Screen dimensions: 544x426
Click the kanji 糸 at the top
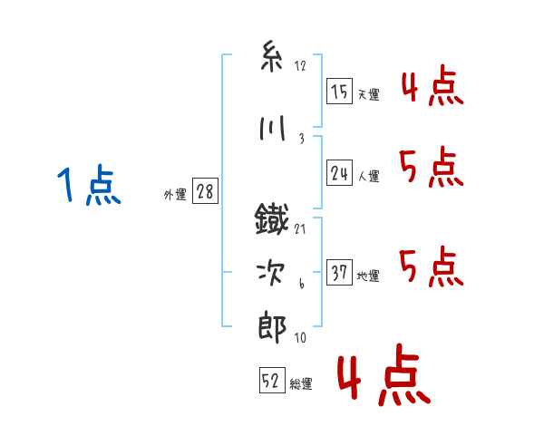tap(272, 56)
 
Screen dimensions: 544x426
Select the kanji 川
tap(272, 128)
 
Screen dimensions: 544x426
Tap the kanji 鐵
tap(272, 218)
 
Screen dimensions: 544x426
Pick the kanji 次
tap(271, 273)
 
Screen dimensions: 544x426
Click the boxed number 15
tap(339, 92)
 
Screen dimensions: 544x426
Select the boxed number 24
tap(339, 173)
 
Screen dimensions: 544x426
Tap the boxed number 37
tap(339, 272)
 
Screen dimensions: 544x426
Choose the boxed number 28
tap(205, 191)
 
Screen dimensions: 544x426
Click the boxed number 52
tap(272, 380)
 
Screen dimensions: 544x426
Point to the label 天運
tap(368, 94)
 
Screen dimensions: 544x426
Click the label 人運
tap(368, 176)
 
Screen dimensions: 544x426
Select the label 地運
tap(368, 276)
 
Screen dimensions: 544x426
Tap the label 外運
tap(175, 195)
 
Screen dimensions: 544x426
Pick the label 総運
tap(301, 383)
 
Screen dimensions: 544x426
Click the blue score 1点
tap(89, 185)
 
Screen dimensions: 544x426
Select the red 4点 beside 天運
tap(432, 85)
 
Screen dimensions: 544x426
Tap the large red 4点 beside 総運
tap(384, 374)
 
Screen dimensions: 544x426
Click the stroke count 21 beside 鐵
tap(300, 229)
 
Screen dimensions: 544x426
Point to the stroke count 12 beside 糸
tap(300, 66)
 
